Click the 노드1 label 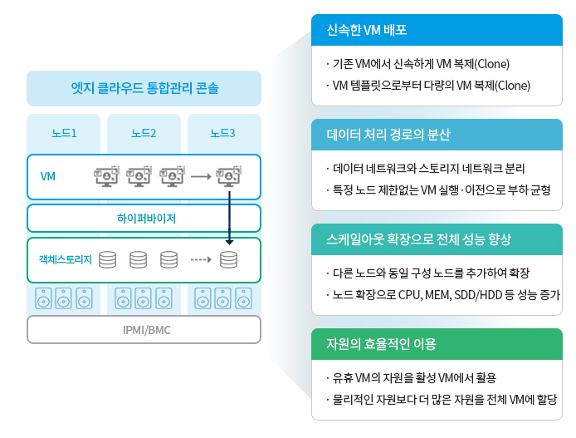(x=64, y=133)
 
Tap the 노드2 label (x=144, y=133)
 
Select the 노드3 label (x=222, y=133)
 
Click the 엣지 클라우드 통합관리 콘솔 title (x=144, y=88)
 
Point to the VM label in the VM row (x=48, y=176)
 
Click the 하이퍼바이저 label (x=146, y=219)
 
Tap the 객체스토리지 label (x=66, y=259)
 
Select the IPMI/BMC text (x=147, y=330)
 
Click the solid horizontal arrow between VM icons (x=201, y=177)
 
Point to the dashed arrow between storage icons (x=201, y=260)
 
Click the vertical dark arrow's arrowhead (x=230, y=242)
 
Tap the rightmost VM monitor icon (x=228, y=176)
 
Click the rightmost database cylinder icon (x=228, y=260)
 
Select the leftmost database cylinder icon (x=108, y=260)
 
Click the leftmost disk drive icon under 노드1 (x=43, y=298)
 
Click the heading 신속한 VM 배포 (x=367, y=30)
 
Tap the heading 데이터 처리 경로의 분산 (x=388, y=135)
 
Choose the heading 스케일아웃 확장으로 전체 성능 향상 (x=419, y=239)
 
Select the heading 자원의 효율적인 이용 (x=381, y=344)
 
